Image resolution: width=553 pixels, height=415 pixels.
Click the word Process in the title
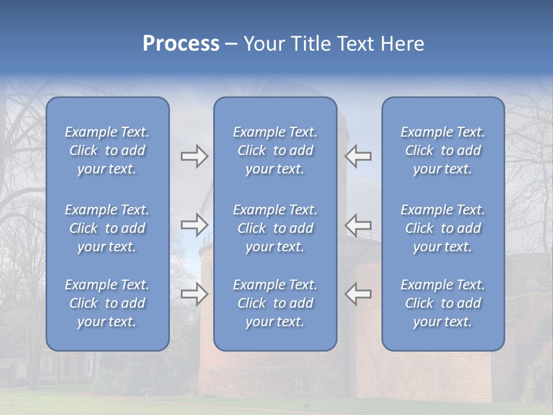click(x=181, y=44)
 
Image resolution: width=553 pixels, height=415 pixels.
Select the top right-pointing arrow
click(x=194, y=156)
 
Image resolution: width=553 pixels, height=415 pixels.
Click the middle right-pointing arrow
click(x=194, y=224)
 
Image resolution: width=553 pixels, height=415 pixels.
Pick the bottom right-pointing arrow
click(x=194, y=294)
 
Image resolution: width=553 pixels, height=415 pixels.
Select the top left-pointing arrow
click(x=358, y=156)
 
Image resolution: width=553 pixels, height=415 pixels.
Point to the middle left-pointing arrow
click(x=358, y=224)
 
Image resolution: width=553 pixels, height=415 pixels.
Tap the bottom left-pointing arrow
click(x=358, y=294)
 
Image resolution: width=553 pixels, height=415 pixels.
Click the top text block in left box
click(x=107, y=150)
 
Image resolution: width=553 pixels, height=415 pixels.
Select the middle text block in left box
click(x=107, y=228)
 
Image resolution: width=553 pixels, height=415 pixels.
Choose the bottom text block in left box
click(x=107, y=303)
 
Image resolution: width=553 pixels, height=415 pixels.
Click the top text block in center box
click(x=275, y=150)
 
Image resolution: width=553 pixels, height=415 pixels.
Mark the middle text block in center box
click(x=275, y=228)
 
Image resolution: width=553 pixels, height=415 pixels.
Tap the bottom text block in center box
click(x=275, y=303)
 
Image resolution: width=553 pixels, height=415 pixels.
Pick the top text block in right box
click(x=442, y=150)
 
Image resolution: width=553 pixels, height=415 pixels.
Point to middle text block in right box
click(x=442, y=228)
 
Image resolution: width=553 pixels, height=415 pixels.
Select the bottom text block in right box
click(x=442, y=303)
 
